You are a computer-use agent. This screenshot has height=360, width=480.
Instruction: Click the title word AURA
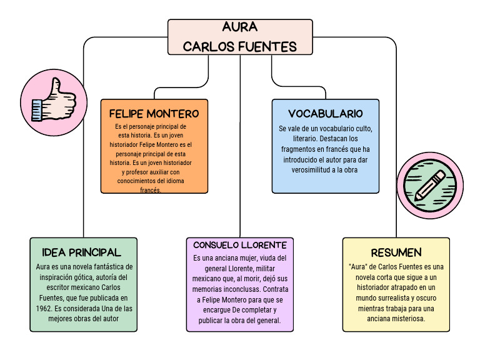point(239,27)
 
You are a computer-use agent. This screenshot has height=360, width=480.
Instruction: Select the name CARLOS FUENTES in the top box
point(239,47)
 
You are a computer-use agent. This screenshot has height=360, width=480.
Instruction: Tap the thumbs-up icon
point(52,101)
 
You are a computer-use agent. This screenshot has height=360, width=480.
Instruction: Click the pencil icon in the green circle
point(429,185)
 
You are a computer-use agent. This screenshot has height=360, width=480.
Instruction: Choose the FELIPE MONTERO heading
point(154,114)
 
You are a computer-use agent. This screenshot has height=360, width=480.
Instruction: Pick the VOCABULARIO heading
point(325,114)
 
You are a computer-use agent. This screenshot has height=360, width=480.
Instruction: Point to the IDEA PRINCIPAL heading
point(82,252)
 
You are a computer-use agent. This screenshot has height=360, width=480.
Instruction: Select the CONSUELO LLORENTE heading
point(239,245)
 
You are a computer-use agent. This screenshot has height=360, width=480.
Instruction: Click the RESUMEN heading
point(396,252)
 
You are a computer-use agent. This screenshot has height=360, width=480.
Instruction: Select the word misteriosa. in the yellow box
point(406,318)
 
